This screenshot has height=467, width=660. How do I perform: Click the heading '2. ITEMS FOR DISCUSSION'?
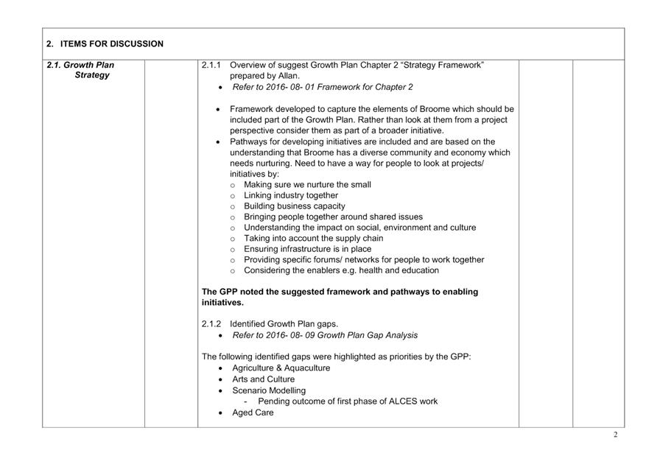105,44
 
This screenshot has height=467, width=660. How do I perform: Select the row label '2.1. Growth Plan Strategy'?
81,70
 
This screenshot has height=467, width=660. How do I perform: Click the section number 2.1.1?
211,65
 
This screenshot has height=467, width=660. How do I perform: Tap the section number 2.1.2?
211,324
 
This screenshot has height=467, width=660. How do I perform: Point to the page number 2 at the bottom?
615,435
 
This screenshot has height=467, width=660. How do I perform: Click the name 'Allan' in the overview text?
287,76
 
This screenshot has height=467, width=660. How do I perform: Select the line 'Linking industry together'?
291,196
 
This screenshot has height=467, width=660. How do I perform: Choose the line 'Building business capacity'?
294,206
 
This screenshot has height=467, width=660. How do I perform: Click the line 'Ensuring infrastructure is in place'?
307,249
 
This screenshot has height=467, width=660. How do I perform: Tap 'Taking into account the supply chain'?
313,239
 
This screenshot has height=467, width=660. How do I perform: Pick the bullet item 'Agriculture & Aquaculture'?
281,368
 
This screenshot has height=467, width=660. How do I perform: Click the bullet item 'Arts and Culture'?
263,379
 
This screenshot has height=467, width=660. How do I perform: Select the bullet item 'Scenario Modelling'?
268,390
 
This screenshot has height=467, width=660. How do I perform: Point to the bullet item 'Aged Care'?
253,412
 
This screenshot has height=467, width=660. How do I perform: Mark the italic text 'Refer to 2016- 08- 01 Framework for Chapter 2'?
322,87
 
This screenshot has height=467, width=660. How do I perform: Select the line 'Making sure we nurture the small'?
307,185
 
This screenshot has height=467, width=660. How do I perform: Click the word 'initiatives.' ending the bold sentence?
222,303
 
